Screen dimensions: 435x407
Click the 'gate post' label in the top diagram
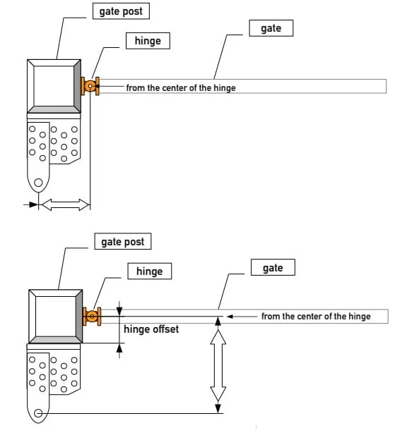tap(122, 13)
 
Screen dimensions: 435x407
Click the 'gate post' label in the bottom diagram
tap(122, 242)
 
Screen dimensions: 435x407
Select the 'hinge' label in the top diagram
tap(148, 41)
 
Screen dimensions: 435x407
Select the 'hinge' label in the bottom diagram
tap(149, 271)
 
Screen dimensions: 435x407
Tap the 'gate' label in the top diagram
tap(271, 28)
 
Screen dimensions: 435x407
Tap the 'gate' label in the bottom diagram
tap(272, 268)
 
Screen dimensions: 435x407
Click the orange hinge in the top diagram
tap(90, 86)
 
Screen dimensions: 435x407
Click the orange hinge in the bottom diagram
tap(92, 317)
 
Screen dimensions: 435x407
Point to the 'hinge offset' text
tap(151, 329)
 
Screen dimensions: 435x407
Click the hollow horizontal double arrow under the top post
tap(65, 204)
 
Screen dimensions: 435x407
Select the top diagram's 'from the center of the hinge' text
tap(181, 88)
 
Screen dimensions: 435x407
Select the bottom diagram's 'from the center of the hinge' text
tap(316, 317)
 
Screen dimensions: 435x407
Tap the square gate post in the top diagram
tap(54, 86)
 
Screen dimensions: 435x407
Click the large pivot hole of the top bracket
tap(38, 183)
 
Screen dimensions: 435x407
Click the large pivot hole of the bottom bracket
tap(38, 413)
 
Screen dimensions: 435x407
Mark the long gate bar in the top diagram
tap(311, 86)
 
